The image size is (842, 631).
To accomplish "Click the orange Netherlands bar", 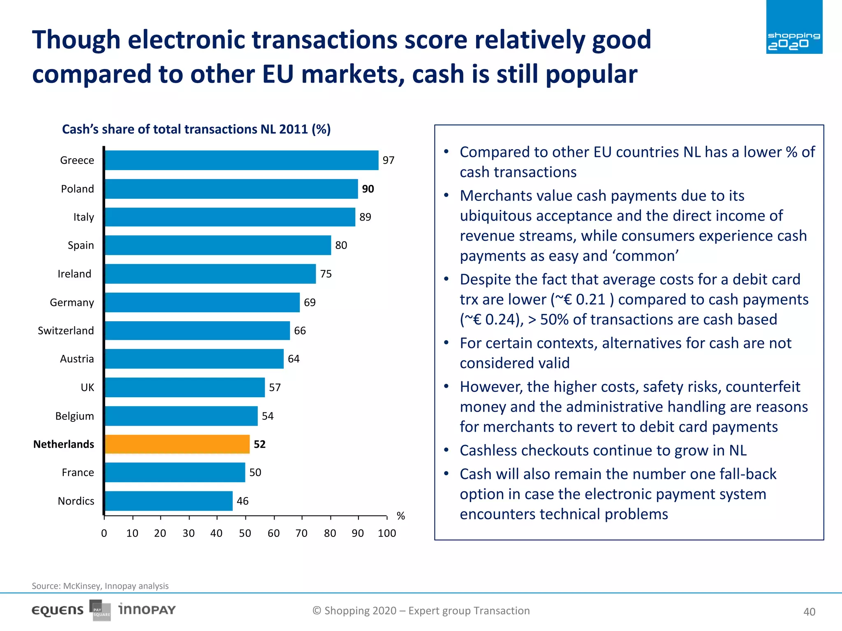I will [x=177, y=444].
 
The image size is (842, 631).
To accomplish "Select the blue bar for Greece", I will [x=242, y=160].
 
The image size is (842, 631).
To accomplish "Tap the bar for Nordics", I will [x=169, y=501].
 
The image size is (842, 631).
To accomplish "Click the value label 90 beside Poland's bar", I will [x=368, y=189].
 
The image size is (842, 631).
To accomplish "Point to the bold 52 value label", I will [x=259, y=444].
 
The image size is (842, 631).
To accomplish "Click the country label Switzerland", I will [x=66, y=331].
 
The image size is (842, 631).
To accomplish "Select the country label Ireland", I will [x=74, y=274].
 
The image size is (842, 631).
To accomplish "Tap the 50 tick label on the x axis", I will [x=245, y=533].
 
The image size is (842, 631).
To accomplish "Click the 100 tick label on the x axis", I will [x=387, y=533].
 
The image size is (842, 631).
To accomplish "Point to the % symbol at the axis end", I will [x=401, y=516].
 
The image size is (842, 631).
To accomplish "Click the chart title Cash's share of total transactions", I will [x=196, y=129].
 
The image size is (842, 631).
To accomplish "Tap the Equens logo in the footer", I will [x=58, y=610].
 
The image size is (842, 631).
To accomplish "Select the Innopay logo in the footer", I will [x=147, y=610].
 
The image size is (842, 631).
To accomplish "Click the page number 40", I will [x=809, y=612].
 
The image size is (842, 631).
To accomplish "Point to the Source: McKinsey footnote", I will [x=100, y=586].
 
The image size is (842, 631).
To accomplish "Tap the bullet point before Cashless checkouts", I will [x=446, y=450].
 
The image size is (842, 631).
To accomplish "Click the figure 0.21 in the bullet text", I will [x=591, y=299].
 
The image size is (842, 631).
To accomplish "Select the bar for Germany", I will [x=202, y=302].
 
